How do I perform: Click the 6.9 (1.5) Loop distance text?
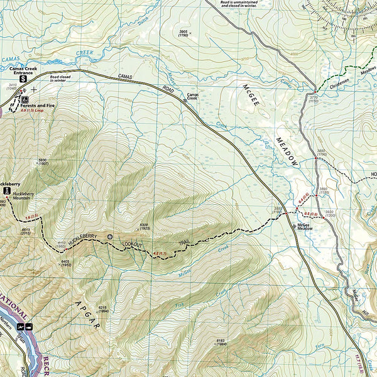[x=33, y=111]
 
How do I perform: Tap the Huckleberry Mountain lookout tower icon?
[x=6, y=190]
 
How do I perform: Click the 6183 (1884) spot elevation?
[x=220, y=342]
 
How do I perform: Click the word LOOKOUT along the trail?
[x=133, y=243]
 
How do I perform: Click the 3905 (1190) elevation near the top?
[x=183, y=33]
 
